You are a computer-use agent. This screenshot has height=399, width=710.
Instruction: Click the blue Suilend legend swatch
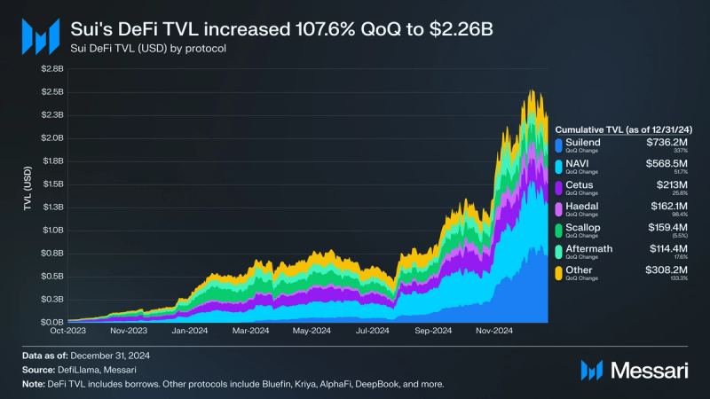coord(557,145)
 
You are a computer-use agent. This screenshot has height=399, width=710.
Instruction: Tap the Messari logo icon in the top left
coord(39,35)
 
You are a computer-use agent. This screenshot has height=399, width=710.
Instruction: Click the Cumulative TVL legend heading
coord(624,129)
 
